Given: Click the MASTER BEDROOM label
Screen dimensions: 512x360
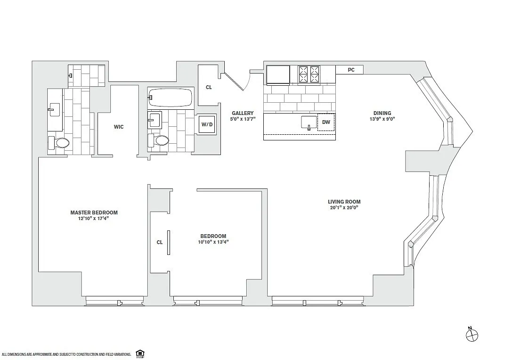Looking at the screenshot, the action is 94,213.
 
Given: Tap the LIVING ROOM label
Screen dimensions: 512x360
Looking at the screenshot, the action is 344,202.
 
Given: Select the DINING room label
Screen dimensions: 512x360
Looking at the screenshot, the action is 382,114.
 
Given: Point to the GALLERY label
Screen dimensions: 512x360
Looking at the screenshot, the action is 243,114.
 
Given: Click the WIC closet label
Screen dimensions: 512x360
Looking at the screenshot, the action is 119,127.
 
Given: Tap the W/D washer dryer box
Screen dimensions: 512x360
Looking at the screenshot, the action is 207,124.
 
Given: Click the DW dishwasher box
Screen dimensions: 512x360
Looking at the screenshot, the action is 326,123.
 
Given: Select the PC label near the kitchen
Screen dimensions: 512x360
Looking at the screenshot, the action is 351,70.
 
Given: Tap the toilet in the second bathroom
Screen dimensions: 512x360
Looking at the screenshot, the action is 158,140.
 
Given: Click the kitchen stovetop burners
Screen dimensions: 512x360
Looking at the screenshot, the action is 309,74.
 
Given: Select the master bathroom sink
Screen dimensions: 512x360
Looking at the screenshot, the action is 54,110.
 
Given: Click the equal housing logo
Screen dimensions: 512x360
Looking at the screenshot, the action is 140,353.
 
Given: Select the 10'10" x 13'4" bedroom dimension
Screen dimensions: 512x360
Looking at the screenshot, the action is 213,242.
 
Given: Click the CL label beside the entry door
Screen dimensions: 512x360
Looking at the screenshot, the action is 209,87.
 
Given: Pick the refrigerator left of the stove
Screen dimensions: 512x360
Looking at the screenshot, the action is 278,75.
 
